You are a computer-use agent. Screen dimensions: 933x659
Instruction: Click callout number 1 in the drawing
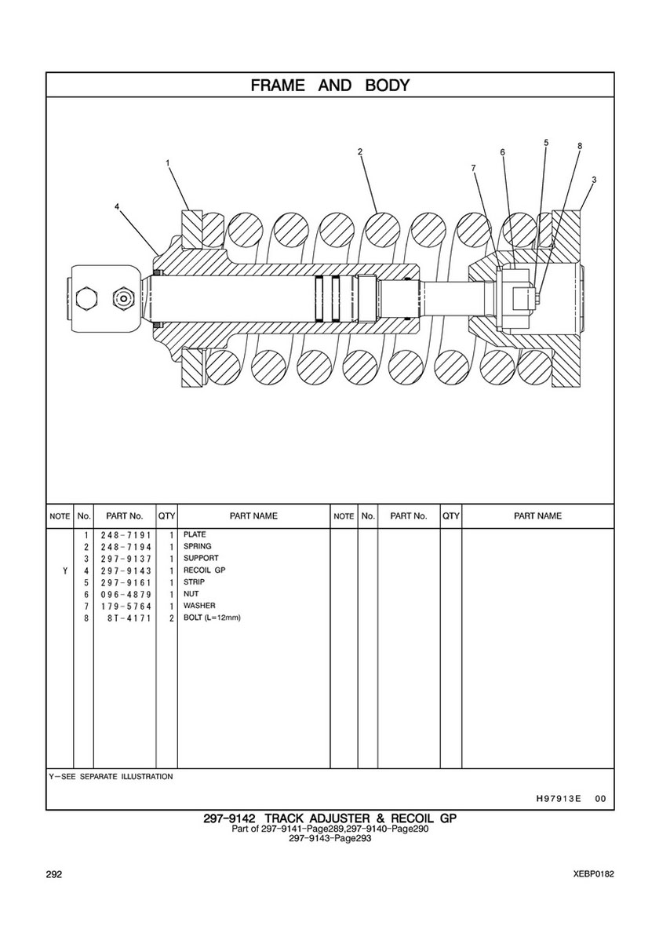tap(168, 163)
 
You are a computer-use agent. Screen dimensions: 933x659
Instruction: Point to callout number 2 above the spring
tap(359, 151)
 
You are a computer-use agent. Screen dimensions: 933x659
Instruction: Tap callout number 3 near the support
tap(594, 180)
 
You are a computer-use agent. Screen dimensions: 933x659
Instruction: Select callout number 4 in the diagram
tap(116, 206)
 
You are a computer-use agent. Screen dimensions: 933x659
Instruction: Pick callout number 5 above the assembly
tap(546, 142)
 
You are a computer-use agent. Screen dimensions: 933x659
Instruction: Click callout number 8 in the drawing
tap(579, 146)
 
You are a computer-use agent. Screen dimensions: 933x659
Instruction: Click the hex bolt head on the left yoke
tap(86, 298)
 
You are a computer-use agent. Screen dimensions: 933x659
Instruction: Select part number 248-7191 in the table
tap(126, 534)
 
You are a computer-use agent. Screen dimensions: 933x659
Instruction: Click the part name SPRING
tap(197, 546)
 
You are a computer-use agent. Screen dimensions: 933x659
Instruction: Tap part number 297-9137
tap(126, 559)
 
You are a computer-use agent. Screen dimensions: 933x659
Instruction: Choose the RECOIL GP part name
tap(204, 570)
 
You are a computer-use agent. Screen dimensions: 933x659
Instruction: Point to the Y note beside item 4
tap(64, 570)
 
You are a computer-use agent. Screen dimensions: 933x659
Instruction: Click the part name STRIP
tap(194, 582)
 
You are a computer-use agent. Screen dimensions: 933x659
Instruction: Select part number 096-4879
tap(126, 595)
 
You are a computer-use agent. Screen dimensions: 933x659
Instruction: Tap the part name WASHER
tap(199, 606)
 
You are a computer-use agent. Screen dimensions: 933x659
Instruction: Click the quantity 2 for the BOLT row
tap(170, 618)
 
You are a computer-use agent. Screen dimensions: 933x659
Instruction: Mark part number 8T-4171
tap(129, 618)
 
